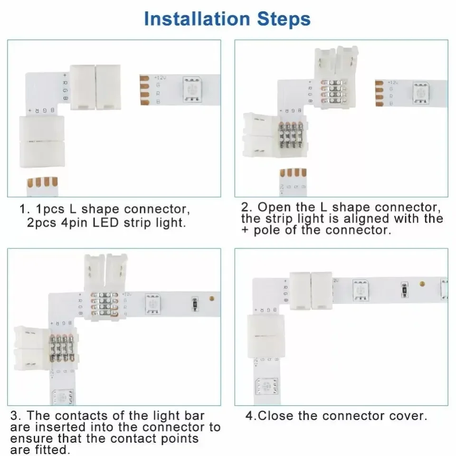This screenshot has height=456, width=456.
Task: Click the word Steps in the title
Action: pyautogui.click(x=284, y=19)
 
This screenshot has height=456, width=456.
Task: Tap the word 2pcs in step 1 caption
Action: pyautogui.click(x=44, y=222)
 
